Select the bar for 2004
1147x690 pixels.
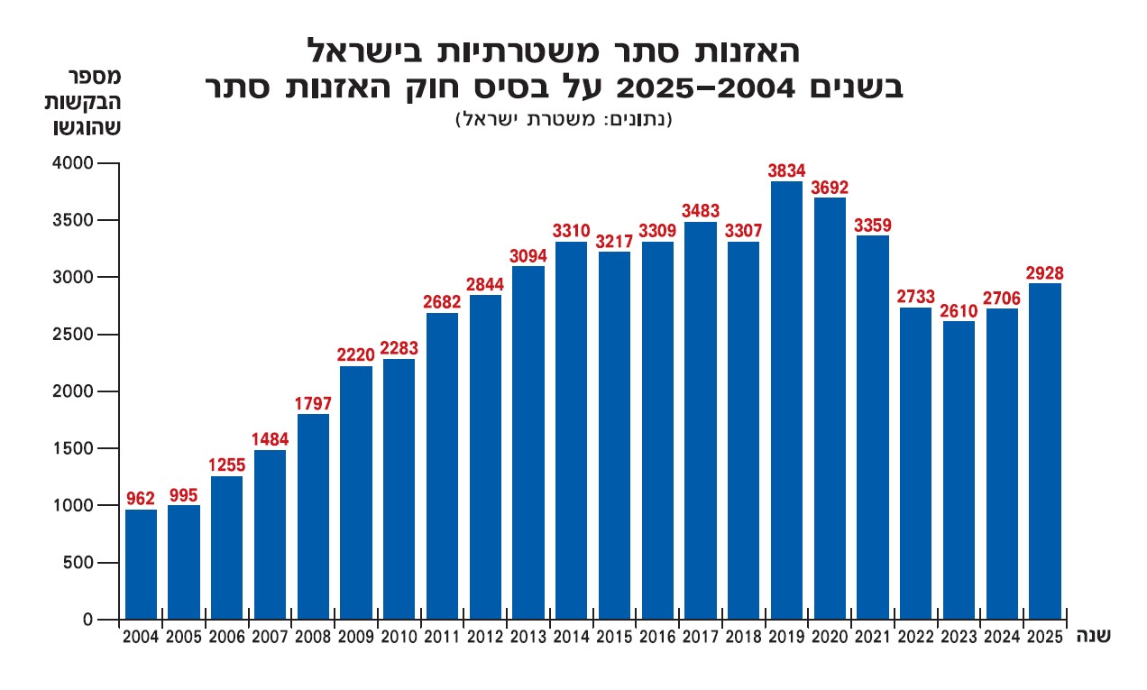coord(141,565)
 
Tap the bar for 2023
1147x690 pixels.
coord(959,470)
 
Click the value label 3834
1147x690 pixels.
coord(786,170)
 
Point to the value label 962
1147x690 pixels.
coord(141,497)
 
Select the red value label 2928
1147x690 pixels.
coord(1044,272)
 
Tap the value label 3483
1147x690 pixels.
coord(701,210)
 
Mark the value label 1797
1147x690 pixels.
coord(313,403)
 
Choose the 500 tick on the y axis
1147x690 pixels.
coord(79,563)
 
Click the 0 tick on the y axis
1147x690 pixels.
coord(87,620)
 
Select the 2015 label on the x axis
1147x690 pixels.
coord(614,637)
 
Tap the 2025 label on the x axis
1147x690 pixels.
coord(1044,637)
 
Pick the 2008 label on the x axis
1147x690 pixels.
coord(313,637)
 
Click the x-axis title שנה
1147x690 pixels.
coord(1092,636)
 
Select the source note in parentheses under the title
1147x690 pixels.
coord(565,119)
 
